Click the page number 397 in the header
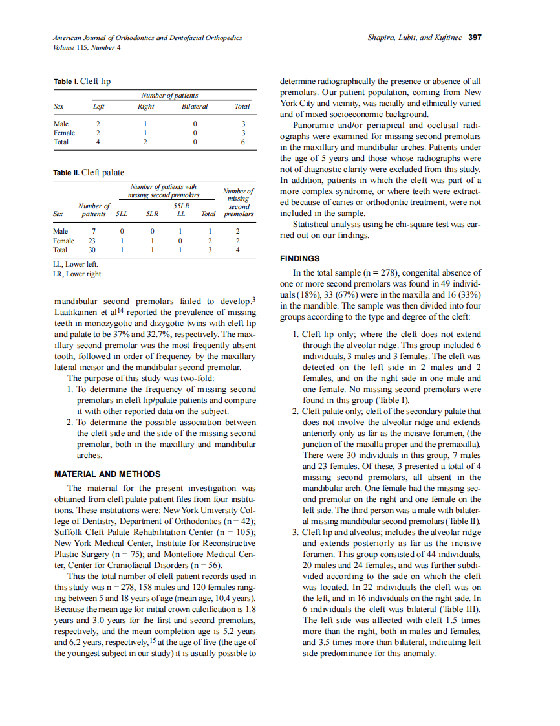(x=475, y=38)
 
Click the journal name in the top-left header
(x=147, y=38)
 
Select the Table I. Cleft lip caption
(x=82, y=82)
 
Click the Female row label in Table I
(x=64, y=132)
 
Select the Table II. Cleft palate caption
(x=89, y=173)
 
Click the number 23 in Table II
(x=92, y=239)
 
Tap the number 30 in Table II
(x=92, y=248)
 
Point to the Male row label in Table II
(x=61, y=230)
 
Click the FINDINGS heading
(x=300, y=258)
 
